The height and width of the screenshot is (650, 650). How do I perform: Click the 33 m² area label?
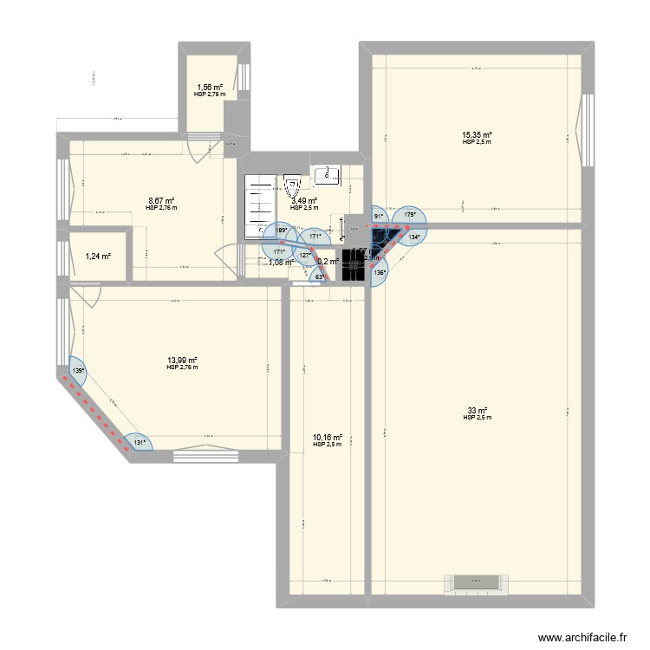pyautogui.click(x=478, y=411)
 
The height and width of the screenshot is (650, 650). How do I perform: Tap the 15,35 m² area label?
pyautogui.click(x=478, y=134)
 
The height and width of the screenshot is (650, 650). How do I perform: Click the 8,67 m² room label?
pyautogui.click(x=161, y=201)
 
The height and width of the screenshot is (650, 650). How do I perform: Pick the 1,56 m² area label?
pyautogui.click(x=209, y=88)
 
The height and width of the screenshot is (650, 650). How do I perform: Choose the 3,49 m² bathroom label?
pyautogui.click(x=304, y=201)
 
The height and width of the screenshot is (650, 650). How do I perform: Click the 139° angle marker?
pyautogui.click(x=78, y=372)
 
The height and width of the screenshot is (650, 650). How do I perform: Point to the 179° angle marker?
pyautogui.click(x=410, y=217)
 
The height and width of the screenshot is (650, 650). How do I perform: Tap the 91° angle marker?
pyautogui.click(x=379, y=217)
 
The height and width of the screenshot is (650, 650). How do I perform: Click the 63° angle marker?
pyautogui.click(x=319, y=277)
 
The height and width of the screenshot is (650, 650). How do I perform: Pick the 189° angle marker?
pyautogui.click(x=281, y=231)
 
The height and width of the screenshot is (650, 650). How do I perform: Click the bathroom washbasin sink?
pyautogui.click(x=328, y=176)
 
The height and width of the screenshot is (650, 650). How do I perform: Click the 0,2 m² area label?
pyautogui.click(x=328, y=261)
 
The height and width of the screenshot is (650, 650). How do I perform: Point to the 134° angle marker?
pyautogui.click(x=415, y=237)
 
